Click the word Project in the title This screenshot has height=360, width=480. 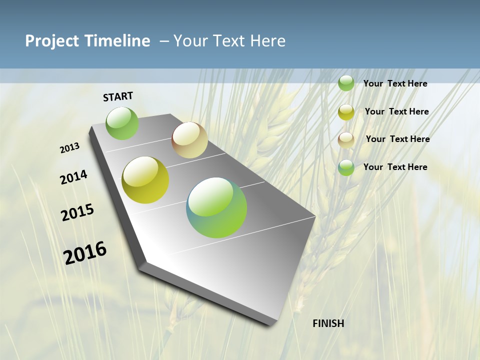point(52,41)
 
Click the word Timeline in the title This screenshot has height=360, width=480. point(118,41)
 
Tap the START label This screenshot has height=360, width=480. point(118,96)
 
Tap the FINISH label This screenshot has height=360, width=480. point(328,323)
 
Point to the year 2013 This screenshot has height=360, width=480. point(70,148)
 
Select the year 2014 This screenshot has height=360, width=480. point(73,177)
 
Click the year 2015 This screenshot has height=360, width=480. point(77,212)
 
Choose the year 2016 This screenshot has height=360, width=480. point(85,253)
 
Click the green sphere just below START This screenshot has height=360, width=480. point(122,123)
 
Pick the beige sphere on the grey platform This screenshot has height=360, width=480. point(189,140)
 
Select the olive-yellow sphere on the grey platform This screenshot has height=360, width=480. point(145,180)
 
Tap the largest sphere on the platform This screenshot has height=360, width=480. point(216,207)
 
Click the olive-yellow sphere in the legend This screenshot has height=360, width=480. point(346,112)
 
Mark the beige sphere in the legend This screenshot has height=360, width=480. point(346,140)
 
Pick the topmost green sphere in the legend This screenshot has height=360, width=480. point(346,83)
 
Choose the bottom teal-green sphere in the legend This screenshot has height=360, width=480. point(346,167)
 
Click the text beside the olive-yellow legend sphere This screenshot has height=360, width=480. point(396,111)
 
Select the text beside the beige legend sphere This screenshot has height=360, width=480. point(397,139)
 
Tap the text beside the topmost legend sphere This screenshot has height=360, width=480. point(395,83)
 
